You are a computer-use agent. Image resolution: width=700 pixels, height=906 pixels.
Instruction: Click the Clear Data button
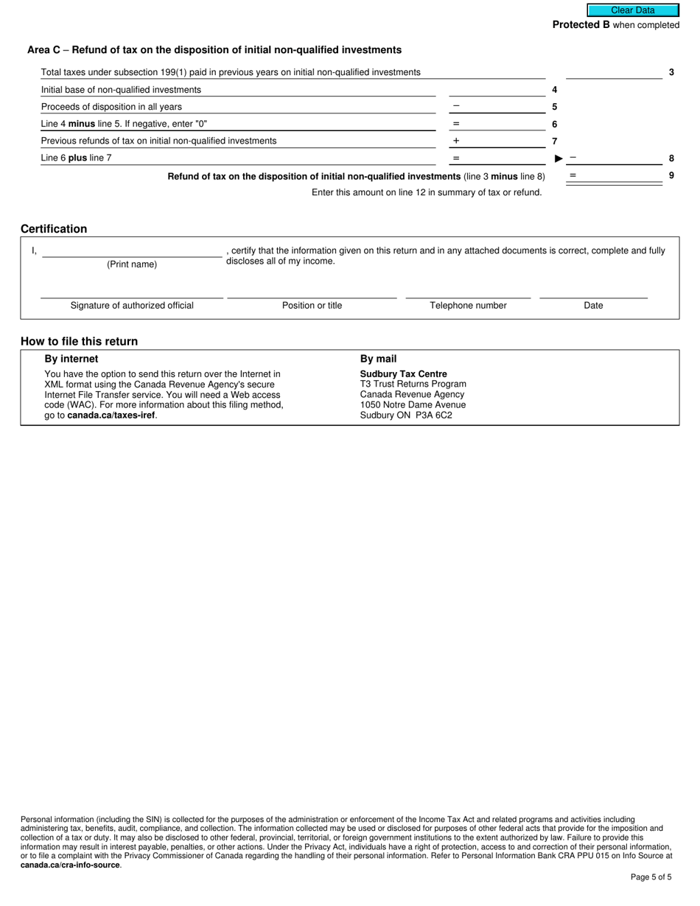tap(632, 10)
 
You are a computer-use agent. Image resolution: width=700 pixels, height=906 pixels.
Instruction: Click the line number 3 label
tap(671, 72)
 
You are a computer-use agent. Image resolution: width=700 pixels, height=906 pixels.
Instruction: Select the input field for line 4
tap(497, 89)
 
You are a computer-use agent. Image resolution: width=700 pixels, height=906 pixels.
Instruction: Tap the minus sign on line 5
tap(456, 106)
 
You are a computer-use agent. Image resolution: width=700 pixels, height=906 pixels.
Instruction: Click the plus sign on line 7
tap(456, 141)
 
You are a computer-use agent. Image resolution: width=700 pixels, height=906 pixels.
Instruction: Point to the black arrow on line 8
tap(559, 158)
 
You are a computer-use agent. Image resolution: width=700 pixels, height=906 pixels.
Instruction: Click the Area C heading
tap(214, 50)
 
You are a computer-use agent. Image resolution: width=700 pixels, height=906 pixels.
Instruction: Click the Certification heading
tap(54, 229)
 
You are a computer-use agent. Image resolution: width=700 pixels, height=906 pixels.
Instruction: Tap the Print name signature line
tap(132, 251)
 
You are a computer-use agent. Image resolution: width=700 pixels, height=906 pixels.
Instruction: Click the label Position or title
tap(312, 306)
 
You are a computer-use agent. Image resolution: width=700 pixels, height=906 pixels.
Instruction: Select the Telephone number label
tap(468, 306)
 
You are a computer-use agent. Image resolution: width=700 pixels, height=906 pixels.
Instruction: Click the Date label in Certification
tap(593, 306)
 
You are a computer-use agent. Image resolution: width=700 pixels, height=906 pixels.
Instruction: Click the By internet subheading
tap(71, 359)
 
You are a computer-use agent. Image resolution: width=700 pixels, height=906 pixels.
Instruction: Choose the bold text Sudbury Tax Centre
tap(403, 374)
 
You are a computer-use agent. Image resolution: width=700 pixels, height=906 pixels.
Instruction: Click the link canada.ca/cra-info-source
tap(70, 865)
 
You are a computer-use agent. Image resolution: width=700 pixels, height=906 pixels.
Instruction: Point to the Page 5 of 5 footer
tap(651, 877)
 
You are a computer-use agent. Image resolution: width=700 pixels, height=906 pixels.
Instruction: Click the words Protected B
tap(581, 25)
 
